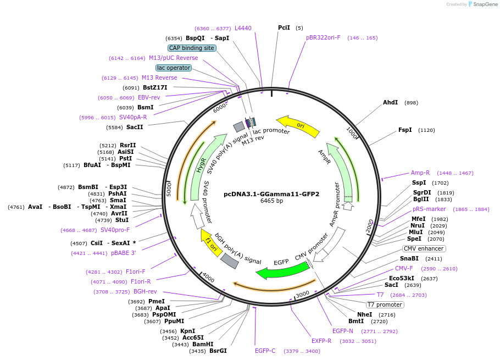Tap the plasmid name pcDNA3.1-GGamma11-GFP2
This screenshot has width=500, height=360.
click(x=271, y=194)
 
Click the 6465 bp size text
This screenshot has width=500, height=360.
click(x=271, y=201)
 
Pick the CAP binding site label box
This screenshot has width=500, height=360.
click(x=192, y=48)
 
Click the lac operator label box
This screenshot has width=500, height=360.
click(x=174, y=68)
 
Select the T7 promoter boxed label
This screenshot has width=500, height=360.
click(x=385, y=304)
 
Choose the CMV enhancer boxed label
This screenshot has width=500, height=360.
click(x=424, y=248)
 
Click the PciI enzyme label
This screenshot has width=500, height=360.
click(x=284, y=27)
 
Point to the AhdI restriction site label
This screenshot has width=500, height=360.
click(x=390, y=103)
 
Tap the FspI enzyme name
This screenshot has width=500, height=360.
click(x=405, y=130)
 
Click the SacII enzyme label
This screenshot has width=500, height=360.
click(x=135, y=128)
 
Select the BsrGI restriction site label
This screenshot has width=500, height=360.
click(x=218, y=351)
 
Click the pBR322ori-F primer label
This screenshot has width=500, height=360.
click(x=323, y=37)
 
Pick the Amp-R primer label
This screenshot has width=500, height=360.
click(x=420, y=173)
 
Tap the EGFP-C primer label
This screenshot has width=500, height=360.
click(x=265, y=351)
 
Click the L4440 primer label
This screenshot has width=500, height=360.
click(x=243, y=28)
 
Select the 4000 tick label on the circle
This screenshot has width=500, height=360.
click(x=208, y=278)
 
